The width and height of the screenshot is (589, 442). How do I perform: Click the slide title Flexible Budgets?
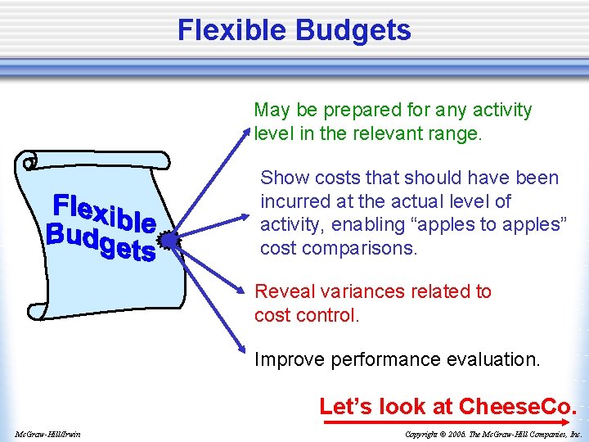(x=294, y=30)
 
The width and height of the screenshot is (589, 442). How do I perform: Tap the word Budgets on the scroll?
(x=100, y=240)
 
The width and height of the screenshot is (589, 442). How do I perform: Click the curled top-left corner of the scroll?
(x=31, y=161)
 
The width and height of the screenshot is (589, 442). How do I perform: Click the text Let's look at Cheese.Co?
(x=447, y=406)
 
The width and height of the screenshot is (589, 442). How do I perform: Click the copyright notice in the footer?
(x=493, y=433)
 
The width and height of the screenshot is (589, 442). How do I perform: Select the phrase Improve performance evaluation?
(x=397, y=359)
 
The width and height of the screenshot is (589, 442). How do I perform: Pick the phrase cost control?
(x=307, y=314)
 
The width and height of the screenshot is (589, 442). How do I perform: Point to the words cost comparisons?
(x=339, y=248)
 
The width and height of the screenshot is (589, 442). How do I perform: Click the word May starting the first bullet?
(x=272, y=110)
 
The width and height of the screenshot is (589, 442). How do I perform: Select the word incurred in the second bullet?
(x=294, y=201)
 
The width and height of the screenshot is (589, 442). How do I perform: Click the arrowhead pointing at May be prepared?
(x=249, y=131)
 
